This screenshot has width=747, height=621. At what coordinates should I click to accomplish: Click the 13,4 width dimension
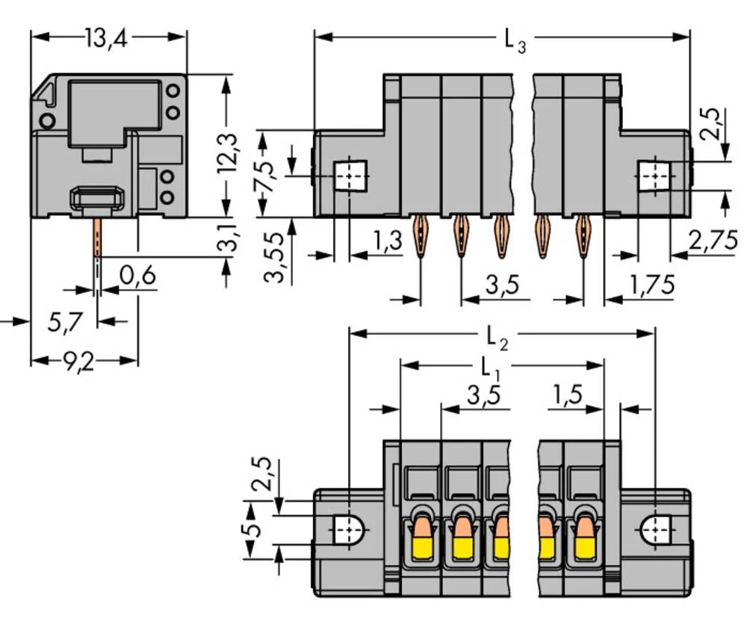[106, 38]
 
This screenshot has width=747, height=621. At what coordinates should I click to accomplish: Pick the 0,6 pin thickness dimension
[137, 276]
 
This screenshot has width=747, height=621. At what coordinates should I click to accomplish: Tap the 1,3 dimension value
[386, 241]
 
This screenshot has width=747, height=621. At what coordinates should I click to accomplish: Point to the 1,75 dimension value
[651, 285]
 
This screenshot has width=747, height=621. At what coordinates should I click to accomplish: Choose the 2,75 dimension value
[712, 240]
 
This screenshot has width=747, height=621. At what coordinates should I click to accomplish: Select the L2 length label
[497, 339]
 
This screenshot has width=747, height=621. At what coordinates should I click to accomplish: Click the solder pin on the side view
[96, 238]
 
